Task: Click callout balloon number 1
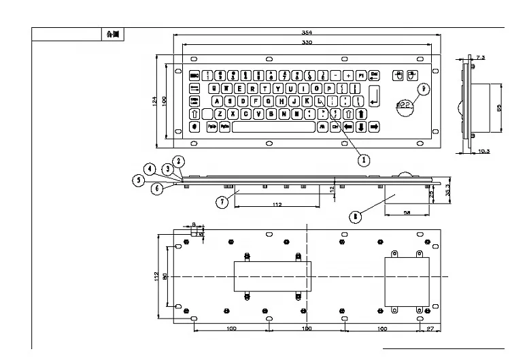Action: click(x=364, y=160)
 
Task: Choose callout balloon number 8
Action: click(x=354, y=217)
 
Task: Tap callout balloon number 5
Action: click(x=139, y=180)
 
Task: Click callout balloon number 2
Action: click(x=178, y=162)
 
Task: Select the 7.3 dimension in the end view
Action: click(x=481, y=59)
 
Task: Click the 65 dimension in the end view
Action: click(x=498, y=107)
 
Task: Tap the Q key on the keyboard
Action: click(x=216, y=88)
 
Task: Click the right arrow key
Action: click(x=374, y=127)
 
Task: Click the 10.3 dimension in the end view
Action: click(x=483, y=150)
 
